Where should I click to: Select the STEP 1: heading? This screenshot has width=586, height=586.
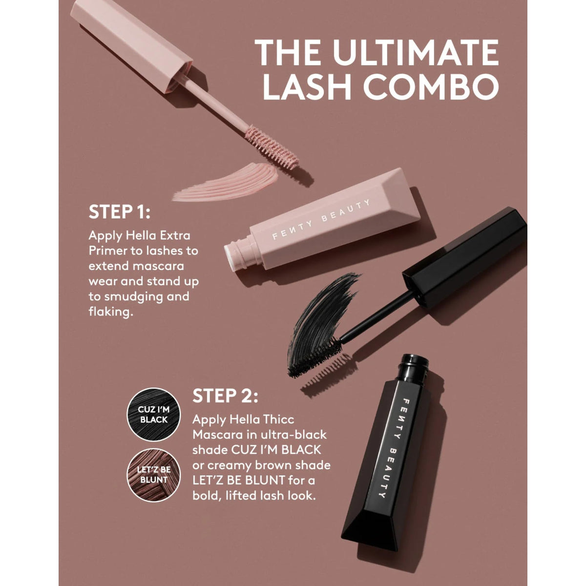(120, 211)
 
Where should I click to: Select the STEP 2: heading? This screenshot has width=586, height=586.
(225, 396)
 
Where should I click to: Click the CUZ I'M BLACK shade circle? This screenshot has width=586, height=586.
(153, 414)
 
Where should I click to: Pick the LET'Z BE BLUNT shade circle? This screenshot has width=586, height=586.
(153, 475)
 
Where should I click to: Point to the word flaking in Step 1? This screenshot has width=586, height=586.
(111, 312)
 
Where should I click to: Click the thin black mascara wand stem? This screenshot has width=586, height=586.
(377, 316)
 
